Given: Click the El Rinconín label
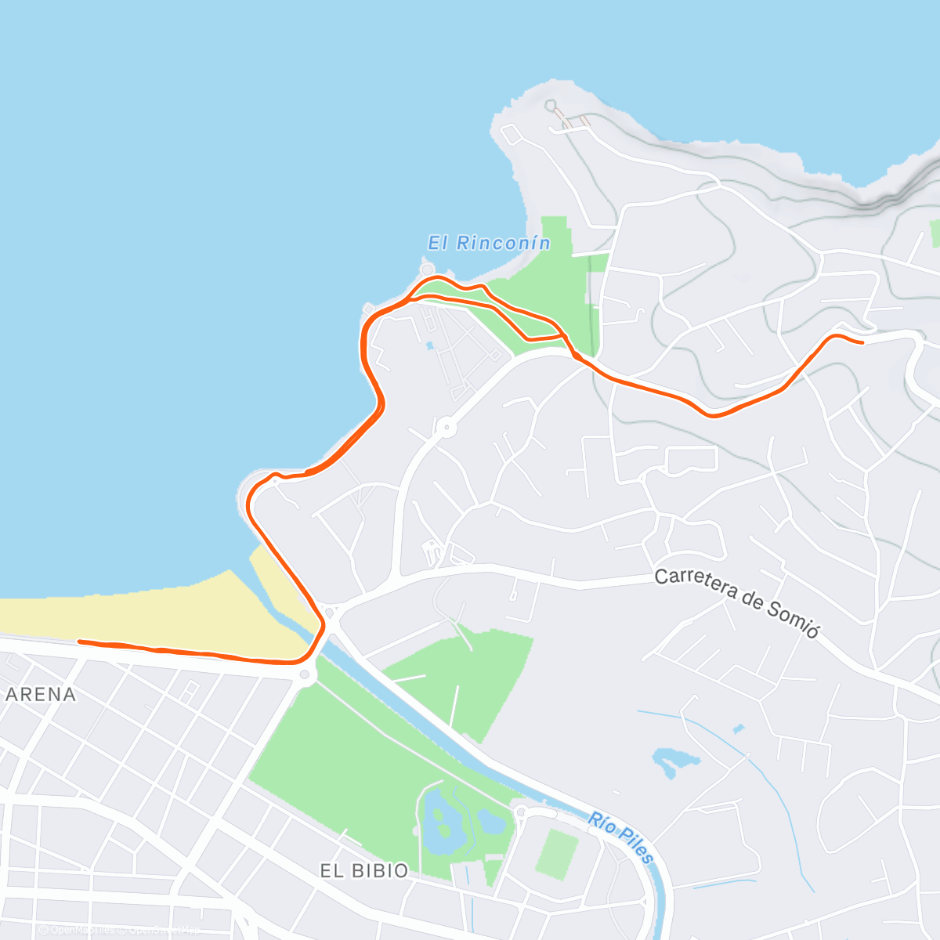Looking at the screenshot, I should pos(489,244).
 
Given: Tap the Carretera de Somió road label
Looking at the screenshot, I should pos(736,602).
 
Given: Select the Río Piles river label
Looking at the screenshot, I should pos(621,837).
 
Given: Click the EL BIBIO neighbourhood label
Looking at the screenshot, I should pos(364,871).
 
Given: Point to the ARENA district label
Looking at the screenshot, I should pos(41,695).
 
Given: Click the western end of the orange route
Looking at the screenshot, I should pos(80,642).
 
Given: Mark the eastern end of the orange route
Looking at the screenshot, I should pos(862,342).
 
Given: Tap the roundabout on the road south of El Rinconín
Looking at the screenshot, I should pos(446,428).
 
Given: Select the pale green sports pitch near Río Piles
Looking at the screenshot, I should pos(557,854).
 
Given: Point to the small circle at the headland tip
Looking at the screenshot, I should pos(551,105).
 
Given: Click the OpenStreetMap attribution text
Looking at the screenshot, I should pos(164,930).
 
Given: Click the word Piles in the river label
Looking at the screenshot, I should pos(634,844).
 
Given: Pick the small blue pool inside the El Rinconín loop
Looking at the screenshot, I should pos(429,345).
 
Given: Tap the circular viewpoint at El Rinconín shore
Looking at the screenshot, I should pos(427,269).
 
